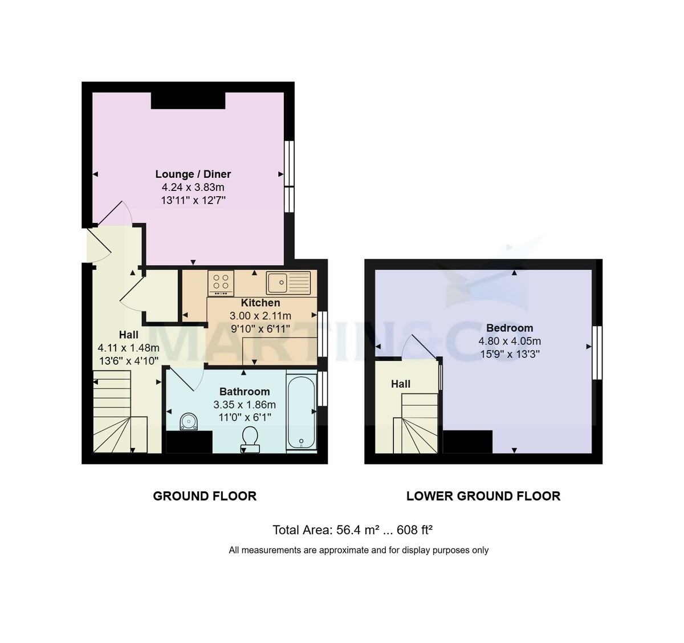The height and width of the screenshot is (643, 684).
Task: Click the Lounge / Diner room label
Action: (x=193, y=174)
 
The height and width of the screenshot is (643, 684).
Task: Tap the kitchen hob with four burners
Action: (x=221, y=282)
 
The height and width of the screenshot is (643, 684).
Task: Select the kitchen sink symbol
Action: (x=288, y=282)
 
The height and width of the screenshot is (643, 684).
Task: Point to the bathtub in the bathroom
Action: (x=301, y=412)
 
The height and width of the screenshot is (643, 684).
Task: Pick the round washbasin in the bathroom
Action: (x=189, y=422)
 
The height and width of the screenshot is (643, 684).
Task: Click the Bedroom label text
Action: (x=510, y=328)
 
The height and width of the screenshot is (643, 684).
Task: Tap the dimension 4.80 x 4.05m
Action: (x=510, y=341)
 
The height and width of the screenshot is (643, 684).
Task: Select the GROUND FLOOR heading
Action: (x=205, y=496)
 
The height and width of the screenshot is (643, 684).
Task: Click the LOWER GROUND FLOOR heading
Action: (x=483, y=496)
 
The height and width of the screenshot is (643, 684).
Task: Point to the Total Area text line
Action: (x=352, y=530)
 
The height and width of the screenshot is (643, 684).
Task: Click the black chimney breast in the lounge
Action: (x=188, y=100)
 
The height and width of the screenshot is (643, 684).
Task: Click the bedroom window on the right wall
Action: (x=597, y=352)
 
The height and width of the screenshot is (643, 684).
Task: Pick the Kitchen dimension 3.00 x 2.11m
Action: (x=260, y=316)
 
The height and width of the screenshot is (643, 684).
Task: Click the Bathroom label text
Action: (x=245, y=392)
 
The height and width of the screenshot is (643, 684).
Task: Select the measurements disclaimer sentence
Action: (x=359, y=550)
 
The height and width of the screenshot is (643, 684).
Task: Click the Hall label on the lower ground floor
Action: (x=401, y=384)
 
